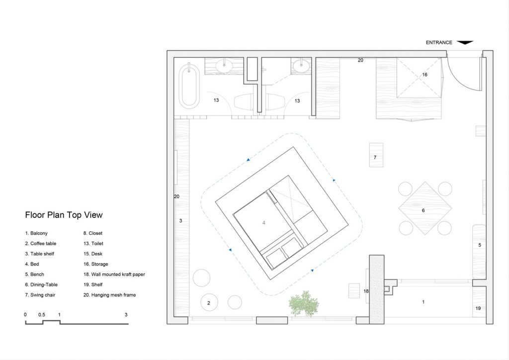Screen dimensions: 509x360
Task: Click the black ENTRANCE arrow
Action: point(465,43)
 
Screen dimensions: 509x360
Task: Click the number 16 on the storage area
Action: point(424,75)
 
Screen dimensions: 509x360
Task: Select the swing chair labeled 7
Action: point(376,155)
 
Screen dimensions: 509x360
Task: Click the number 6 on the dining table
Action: point(424,210)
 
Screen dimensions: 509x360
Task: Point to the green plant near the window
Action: point(304,303)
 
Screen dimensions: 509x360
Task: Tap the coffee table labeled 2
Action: point(209,303)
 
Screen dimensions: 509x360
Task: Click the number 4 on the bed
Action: point(264,223)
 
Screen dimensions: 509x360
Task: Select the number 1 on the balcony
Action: point(423,302)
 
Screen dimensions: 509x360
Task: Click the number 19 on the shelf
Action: point(478,308)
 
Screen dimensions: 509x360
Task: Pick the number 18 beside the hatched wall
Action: point(366,291)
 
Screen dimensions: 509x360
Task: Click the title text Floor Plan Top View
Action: point(64,215)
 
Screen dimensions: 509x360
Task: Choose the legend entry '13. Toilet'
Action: point(93,244)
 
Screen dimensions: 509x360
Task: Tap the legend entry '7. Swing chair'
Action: point(40,295)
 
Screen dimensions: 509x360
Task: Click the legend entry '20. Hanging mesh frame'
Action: point(110,295)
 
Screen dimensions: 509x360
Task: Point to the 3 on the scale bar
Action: point(126,315)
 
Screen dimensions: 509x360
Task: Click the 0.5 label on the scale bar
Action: point(42,315)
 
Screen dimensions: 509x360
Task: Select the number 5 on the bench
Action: point(480,245)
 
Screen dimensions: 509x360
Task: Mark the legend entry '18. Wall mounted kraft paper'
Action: point(114,274)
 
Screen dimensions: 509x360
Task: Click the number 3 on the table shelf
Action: point(181,221)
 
